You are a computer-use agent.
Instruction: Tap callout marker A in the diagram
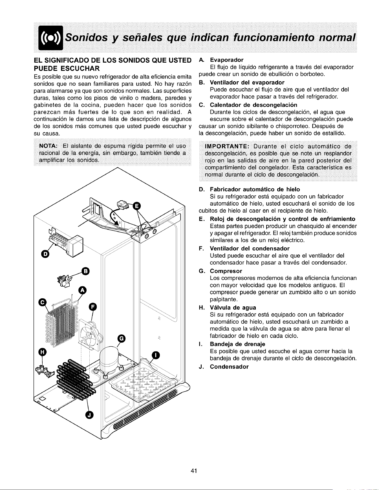[x=82, y=290]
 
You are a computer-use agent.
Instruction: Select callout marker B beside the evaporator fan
[x=85, y=271]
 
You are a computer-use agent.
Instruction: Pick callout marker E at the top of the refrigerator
[x=137, y=206]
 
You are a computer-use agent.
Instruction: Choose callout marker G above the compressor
[x=122, y=338]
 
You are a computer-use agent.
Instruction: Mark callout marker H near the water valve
[x=43, y=352]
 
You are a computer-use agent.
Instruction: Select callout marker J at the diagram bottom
[x=89, y=414]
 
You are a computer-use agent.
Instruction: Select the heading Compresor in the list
[x=226, y=271]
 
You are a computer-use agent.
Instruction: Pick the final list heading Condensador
[x=229, y=366]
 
